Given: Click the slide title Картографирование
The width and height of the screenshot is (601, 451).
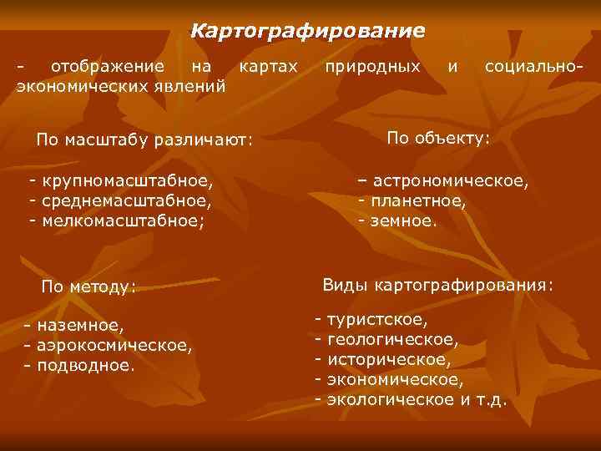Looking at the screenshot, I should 307,32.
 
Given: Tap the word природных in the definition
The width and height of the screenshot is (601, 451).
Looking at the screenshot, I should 372,65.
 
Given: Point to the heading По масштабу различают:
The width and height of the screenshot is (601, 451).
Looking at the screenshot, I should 144,139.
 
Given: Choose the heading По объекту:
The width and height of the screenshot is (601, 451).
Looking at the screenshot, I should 439,137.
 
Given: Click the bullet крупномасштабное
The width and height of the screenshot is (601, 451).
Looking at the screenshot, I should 125,180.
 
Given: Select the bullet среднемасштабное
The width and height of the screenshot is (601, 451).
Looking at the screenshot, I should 124,200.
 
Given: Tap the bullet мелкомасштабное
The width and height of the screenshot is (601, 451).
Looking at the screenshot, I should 121,220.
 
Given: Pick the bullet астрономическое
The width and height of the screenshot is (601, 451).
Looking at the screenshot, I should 449,180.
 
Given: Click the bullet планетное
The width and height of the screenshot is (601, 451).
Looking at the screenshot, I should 417,200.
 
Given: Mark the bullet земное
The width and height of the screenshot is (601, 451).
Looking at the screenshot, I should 402,220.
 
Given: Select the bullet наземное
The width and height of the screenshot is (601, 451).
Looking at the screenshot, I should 78,324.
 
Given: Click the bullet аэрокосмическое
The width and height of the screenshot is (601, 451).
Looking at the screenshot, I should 112,344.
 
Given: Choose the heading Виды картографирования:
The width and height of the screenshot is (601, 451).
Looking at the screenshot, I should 437,286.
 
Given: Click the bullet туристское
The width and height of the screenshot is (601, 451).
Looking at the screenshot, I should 377,320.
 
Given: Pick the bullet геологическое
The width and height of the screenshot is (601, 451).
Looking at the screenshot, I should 392,340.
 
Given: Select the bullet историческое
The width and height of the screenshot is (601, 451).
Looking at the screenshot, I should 389,360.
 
